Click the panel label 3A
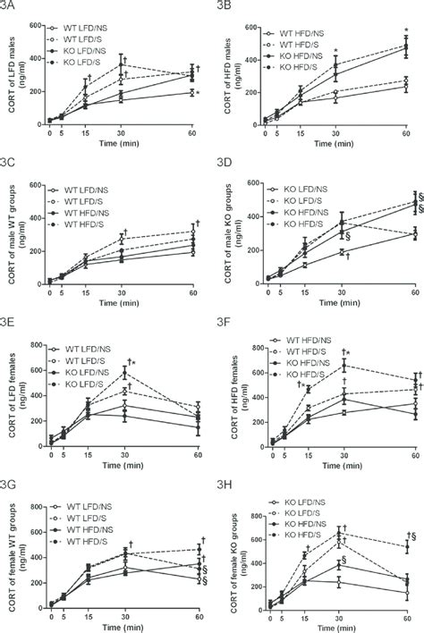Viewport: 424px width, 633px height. (x=15, y=8)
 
